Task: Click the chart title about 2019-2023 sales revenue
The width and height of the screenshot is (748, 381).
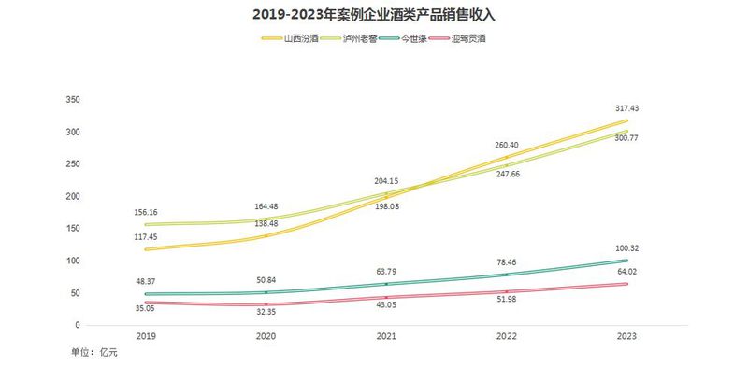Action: [373, 16]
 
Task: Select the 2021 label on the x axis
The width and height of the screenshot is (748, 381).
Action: [386, 335]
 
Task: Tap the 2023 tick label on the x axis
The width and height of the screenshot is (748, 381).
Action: [627, 335]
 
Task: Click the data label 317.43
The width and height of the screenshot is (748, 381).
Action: [627, 108]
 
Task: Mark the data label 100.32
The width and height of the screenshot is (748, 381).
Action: [627, 248]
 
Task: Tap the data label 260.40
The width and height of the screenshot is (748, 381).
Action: [507, 145]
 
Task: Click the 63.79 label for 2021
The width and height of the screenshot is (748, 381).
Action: [386, 271]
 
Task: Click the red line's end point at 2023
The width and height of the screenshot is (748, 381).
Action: [626, 284]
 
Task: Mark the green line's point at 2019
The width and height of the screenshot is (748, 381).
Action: [146, 294]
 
